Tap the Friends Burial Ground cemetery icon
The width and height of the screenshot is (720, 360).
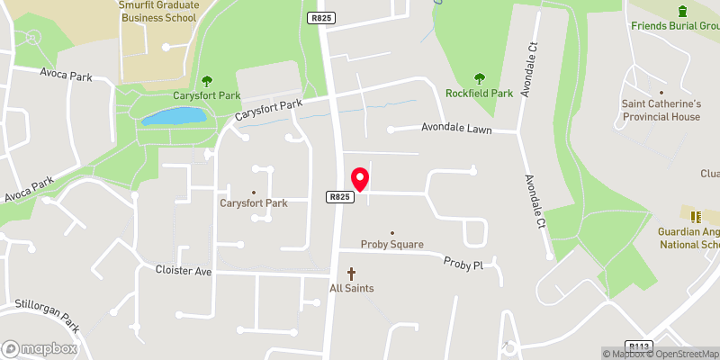[x=682, y=10]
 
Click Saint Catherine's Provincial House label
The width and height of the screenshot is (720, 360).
[x=661, y=110]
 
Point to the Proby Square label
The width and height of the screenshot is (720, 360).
[x=391, y=244]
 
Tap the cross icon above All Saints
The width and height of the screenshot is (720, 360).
[x=351, y=273]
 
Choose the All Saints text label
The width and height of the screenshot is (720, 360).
[x=351, y=288]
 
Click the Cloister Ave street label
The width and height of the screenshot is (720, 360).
[x=183, y=269]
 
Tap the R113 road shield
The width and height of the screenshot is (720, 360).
[x=640, y=346]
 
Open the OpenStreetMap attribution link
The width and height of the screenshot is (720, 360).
[x=681, y=354]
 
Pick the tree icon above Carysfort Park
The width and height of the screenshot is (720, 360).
[x=209, y=80]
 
